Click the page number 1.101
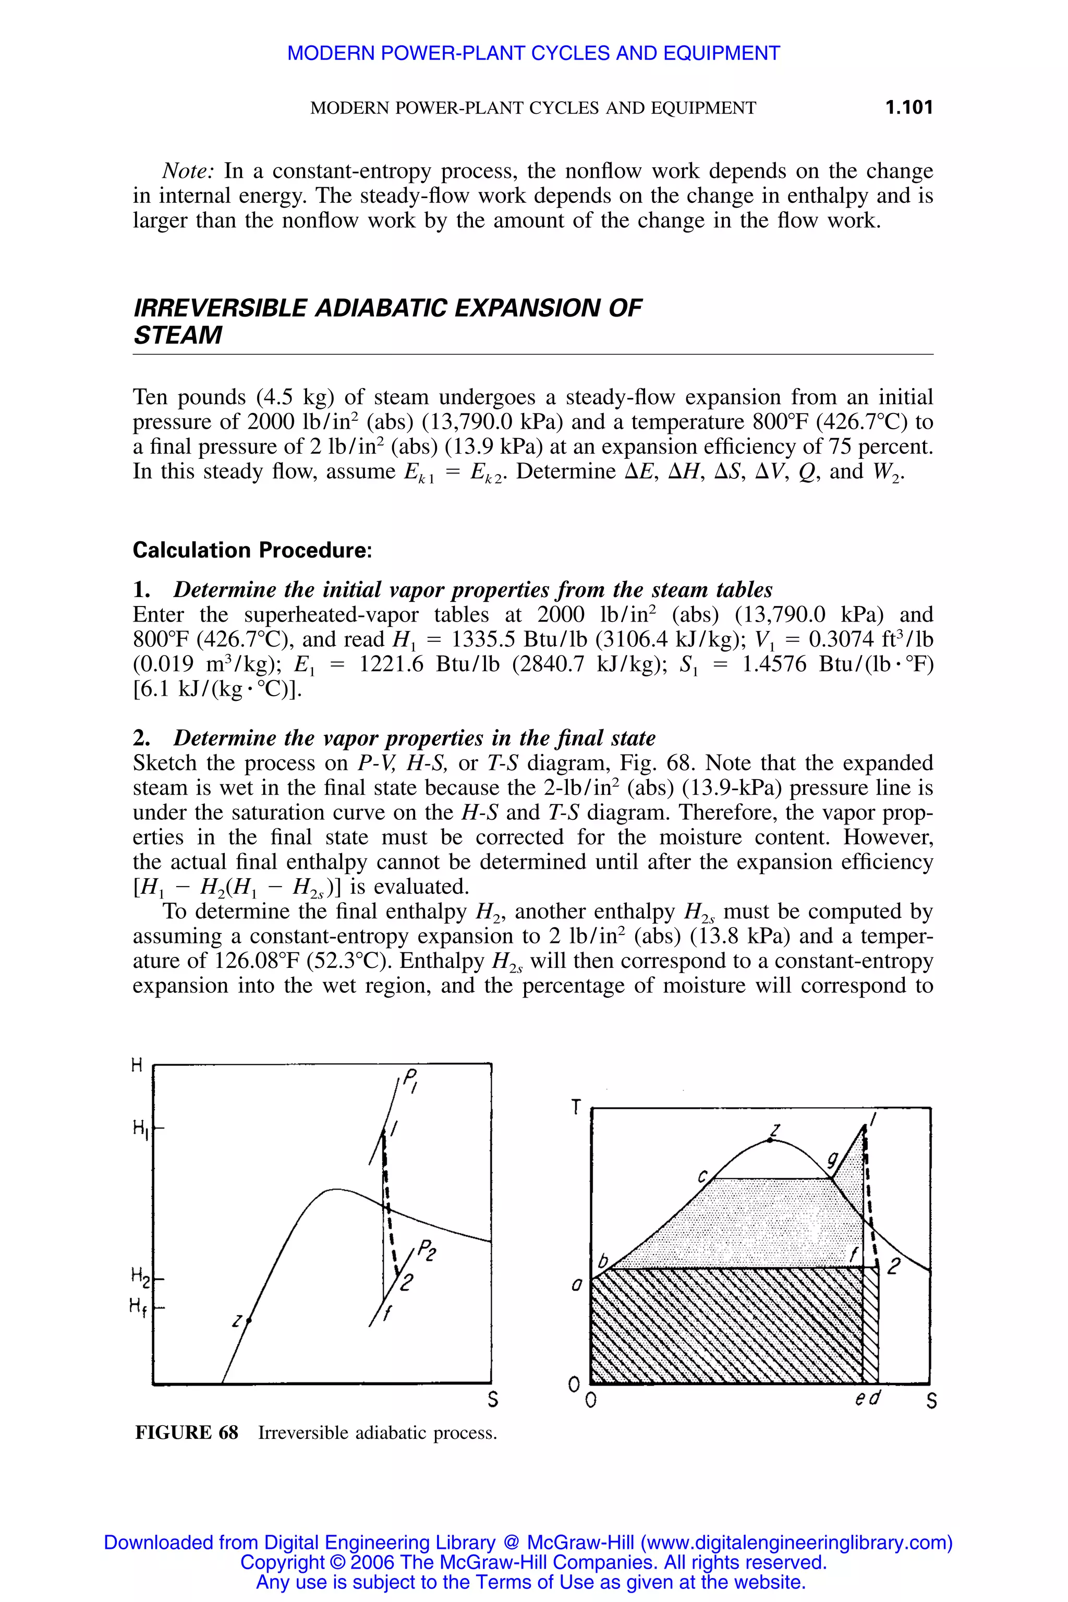(x=908, y=107)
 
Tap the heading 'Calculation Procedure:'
(x=252, y=550)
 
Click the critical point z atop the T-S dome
(x=770, y=1139)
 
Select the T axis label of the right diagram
(x=576, y=1108)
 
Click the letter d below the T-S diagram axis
(x=875, y=1398)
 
